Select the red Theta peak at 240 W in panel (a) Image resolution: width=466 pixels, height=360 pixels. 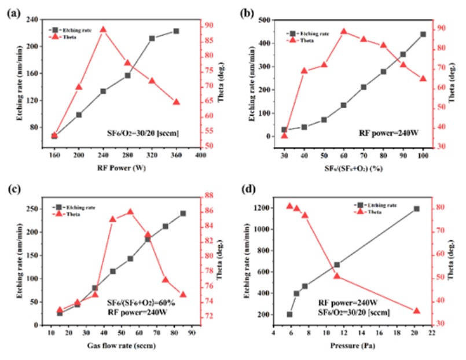pyautogui.click(x=103, y=30)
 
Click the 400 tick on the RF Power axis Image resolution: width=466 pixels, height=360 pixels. pyautogui.click(x=201, y=156)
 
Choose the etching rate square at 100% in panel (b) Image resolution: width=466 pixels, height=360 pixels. pyautogui.click(x=423, y=34)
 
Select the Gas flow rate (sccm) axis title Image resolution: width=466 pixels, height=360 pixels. pyautogui.click(x=117, y=346)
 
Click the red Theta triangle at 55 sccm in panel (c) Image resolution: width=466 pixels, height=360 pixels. pyautogui.click(x=130, y=212)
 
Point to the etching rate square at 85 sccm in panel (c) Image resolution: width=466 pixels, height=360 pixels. pyautogui.click(x=183, y=213)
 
